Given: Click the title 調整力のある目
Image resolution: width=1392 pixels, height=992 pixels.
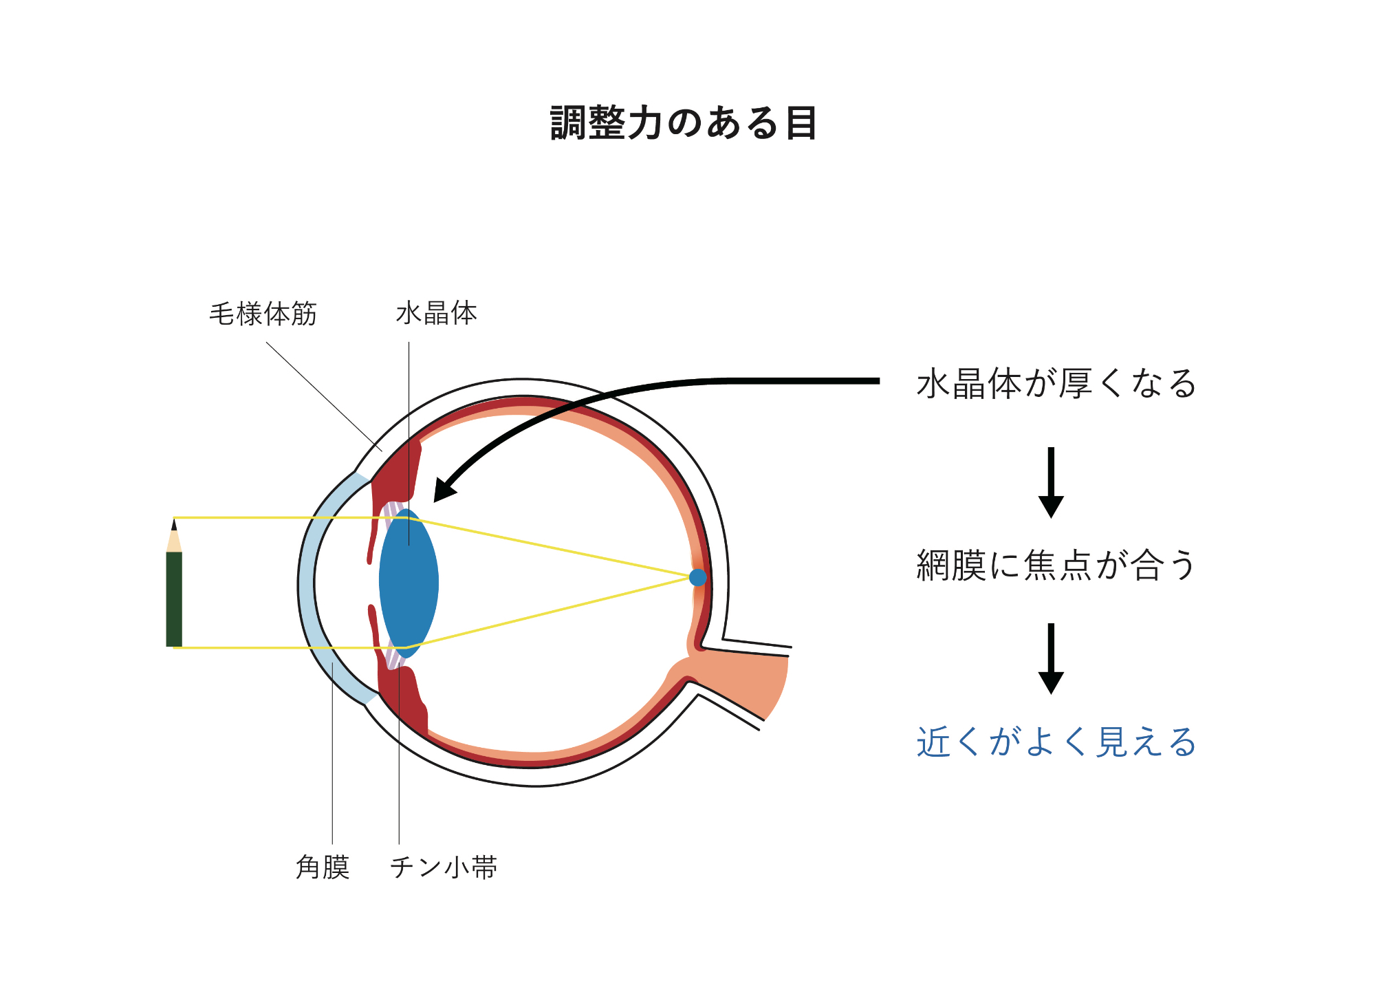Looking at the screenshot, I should point(684,123).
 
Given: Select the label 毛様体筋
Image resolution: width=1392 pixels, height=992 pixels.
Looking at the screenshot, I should point(263,314).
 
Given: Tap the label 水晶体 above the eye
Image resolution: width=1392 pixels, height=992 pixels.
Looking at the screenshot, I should point(437,313).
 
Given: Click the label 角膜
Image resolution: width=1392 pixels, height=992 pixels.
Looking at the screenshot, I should point(323,867).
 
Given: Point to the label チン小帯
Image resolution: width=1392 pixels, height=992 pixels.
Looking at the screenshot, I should point(444,867).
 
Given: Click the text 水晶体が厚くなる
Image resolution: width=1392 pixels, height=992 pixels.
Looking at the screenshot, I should point(1056,383).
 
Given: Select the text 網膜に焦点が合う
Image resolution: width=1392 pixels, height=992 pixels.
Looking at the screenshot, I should point(1056,565).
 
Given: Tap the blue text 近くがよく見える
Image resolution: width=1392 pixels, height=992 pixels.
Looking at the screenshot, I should point(1056,742).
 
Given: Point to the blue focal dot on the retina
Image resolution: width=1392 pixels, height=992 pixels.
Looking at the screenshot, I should point(697,577).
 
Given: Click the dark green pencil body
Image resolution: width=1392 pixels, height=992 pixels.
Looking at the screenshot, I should point(174,599).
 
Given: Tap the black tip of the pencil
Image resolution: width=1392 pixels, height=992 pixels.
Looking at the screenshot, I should point(174,525).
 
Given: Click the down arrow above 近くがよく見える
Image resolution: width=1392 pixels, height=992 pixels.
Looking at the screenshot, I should point(1051,659).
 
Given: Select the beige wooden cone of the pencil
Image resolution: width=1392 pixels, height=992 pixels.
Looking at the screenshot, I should point(174,542).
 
